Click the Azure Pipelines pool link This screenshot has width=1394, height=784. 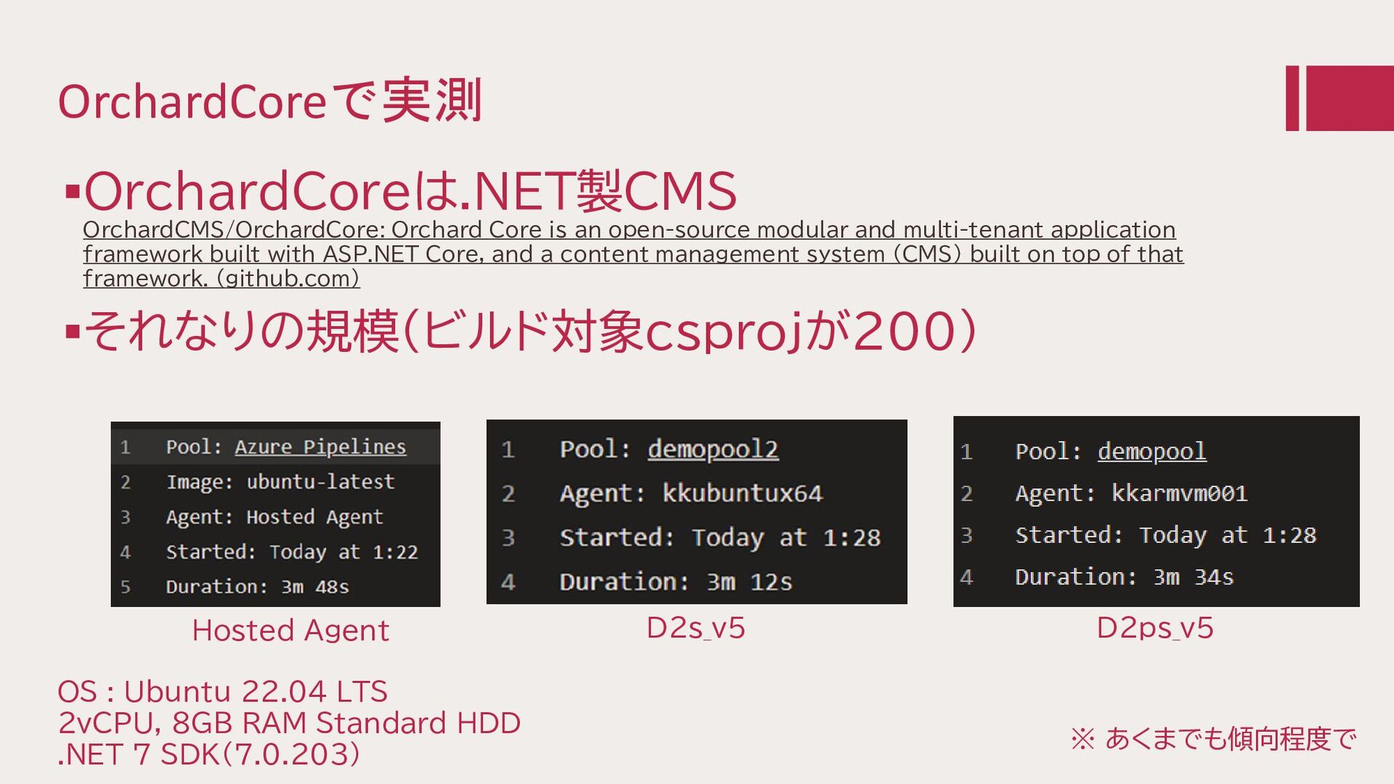(320, 447)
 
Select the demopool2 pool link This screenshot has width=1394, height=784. (713, 450)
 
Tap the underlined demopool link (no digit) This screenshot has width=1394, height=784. (1152, 452)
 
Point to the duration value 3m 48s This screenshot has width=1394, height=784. (315, 587)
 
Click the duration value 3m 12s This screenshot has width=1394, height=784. (749, 582)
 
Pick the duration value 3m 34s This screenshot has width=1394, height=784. (1194, 577)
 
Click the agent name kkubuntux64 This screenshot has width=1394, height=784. (742, 494)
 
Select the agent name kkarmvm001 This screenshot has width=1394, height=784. (1179, 494)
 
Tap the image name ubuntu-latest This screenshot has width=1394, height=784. (320, 482)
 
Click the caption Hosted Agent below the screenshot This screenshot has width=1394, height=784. (290, 631)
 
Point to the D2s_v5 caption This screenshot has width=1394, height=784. (696, 628)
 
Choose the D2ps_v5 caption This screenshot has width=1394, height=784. (1154, 628)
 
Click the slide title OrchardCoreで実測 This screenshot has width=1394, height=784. (269, 101)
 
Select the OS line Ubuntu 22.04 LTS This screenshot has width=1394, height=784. (256, 692)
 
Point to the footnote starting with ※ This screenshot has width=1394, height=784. (1213, 739)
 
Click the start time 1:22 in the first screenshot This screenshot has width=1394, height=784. (395, 552)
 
